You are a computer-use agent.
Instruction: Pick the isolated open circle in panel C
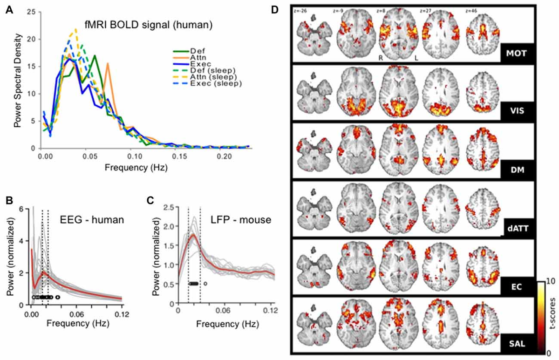[205, 283]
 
